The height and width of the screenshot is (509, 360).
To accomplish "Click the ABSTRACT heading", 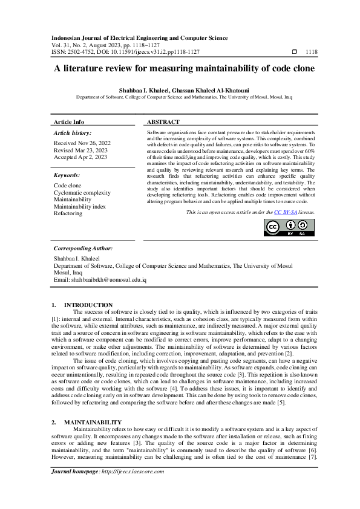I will point(163,122).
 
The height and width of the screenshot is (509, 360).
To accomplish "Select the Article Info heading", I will point(69,122).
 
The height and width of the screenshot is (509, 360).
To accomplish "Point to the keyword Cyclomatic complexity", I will point(82,193).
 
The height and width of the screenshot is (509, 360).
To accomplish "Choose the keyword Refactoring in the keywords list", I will point(68,213).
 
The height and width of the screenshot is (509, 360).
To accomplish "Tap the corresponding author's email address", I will point(100,280).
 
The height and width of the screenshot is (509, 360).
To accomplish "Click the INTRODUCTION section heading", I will point(88,305).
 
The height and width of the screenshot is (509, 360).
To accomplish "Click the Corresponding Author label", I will point(83,248).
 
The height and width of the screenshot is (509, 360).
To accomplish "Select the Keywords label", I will point(67,175).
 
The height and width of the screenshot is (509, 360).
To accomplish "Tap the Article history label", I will point(73,132).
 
